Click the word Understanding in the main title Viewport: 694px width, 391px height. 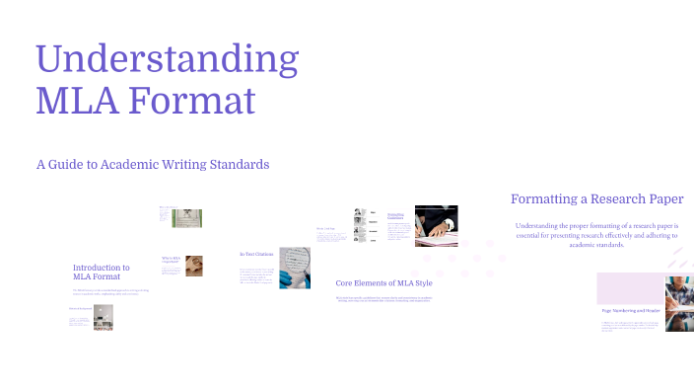[167, 61]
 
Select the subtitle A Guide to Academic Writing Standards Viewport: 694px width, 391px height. [152, 164]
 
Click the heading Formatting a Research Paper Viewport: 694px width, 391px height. [596, 198]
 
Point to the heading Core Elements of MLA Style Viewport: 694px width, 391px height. [383, 282]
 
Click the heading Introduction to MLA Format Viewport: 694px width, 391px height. [101, 272]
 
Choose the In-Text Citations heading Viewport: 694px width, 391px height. [256, 255]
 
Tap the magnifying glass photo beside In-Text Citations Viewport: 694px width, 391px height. [295, 267]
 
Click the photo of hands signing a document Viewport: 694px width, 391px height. [436, 225]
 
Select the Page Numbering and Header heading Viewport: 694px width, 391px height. [626, 311]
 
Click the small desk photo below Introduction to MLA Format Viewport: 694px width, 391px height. [104, 316]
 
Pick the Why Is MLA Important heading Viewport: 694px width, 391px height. [171, 260]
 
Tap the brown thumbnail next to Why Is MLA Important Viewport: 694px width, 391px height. [195, 266]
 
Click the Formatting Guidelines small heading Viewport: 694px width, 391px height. [396, 215]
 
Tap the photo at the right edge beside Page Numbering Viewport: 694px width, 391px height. [679, 303]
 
